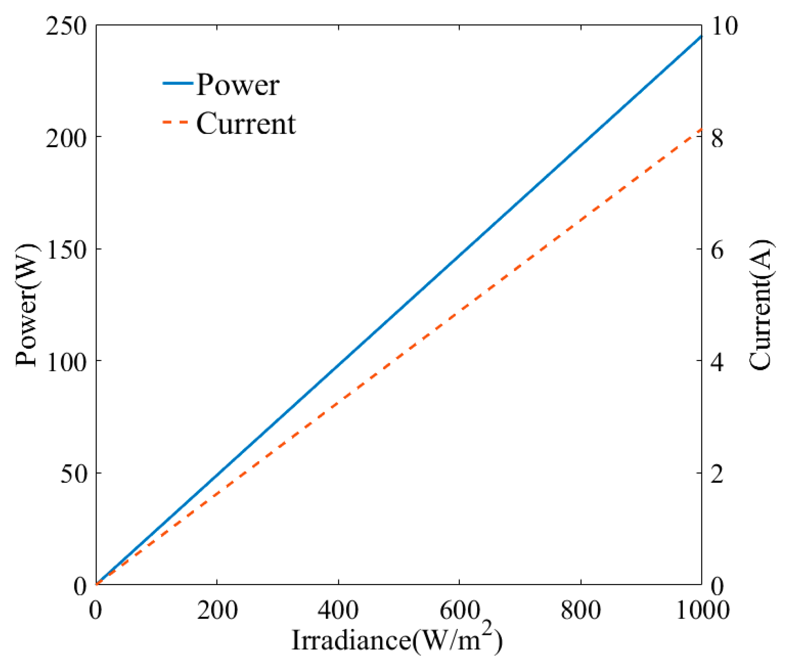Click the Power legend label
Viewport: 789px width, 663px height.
click(x=238, y=85)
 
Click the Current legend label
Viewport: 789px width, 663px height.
click(x=246, y=124)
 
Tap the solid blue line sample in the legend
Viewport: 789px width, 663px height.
click(x=178, y=83)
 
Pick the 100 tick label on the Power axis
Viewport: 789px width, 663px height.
click(x=67, y=361)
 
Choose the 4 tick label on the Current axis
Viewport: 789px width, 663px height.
click(x=717, y=361)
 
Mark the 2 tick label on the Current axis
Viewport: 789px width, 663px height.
click(x=717, y=473)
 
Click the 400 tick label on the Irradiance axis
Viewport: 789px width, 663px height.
click(x=338, y=610)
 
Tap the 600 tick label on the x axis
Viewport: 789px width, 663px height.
click(x=459, y=610)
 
